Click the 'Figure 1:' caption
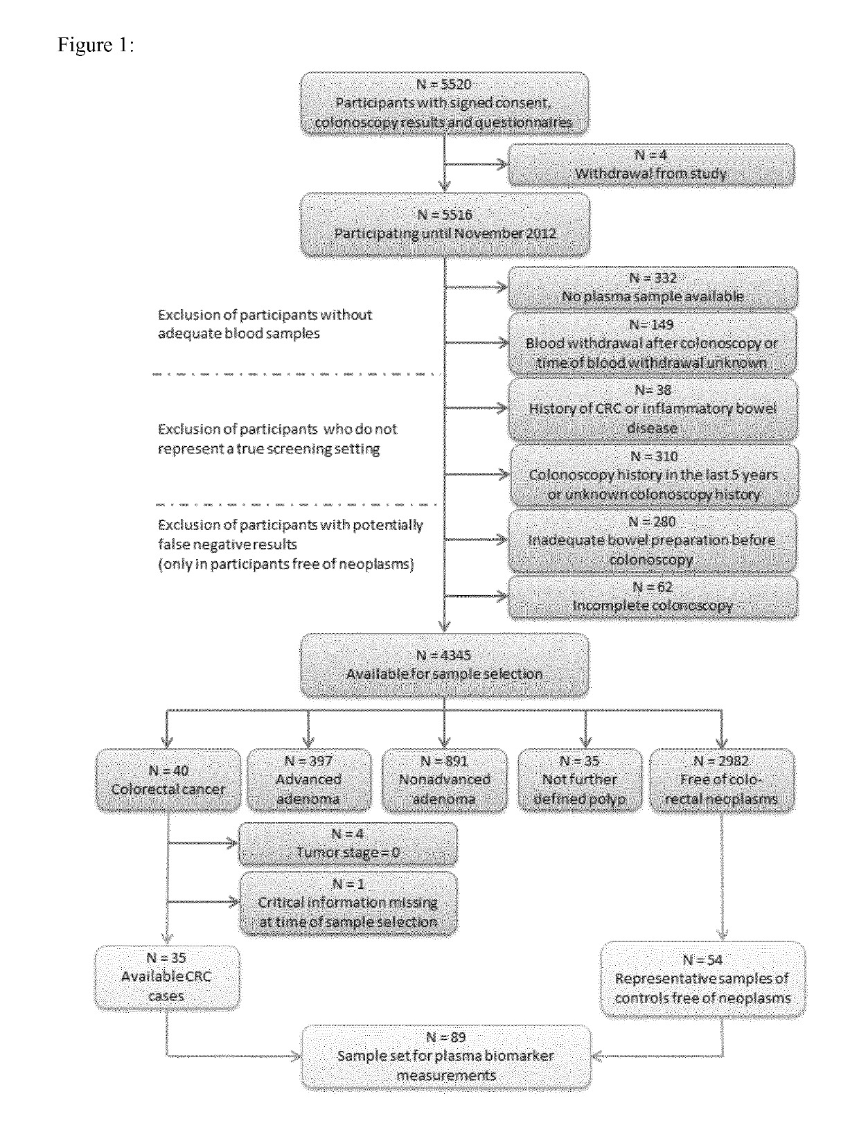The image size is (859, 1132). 96,45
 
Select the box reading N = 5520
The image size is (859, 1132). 445,104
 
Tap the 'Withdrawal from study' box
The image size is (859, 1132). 650,164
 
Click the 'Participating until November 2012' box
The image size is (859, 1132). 445,224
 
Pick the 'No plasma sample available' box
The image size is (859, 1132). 653,288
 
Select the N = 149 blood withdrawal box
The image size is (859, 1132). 653,344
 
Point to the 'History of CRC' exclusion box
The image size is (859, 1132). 653,409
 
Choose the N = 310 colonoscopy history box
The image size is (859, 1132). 654,475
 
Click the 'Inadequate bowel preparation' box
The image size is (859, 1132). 653,541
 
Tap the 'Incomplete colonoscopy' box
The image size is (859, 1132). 653,596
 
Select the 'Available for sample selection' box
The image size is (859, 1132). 445,665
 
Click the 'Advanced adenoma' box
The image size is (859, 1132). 308,780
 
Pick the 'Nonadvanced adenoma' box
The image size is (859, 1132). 445,780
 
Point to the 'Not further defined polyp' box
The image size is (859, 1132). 580,780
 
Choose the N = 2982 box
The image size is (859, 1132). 721,780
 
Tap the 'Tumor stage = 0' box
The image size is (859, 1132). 348,843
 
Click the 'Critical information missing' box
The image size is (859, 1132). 348,903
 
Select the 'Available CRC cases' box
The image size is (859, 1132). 166,977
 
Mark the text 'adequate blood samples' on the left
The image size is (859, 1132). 239,334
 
